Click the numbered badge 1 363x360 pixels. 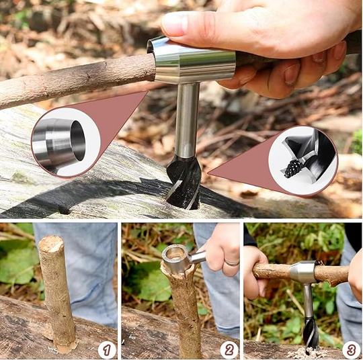point(107,351)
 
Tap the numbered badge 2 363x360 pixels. point(229,351)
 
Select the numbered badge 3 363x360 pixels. point(351,351)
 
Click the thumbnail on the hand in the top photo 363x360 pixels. point(175,23)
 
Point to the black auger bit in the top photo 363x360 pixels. point(184,183)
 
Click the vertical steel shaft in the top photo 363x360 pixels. point(187,120)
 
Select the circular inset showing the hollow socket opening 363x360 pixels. point(66,142)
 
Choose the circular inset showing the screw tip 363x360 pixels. point(302,161)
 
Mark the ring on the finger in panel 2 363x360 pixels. point(232,263)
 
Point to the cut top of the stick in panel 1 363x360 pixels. point(51,243)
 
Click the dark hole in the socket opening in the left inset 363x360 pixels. point(78,140)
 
